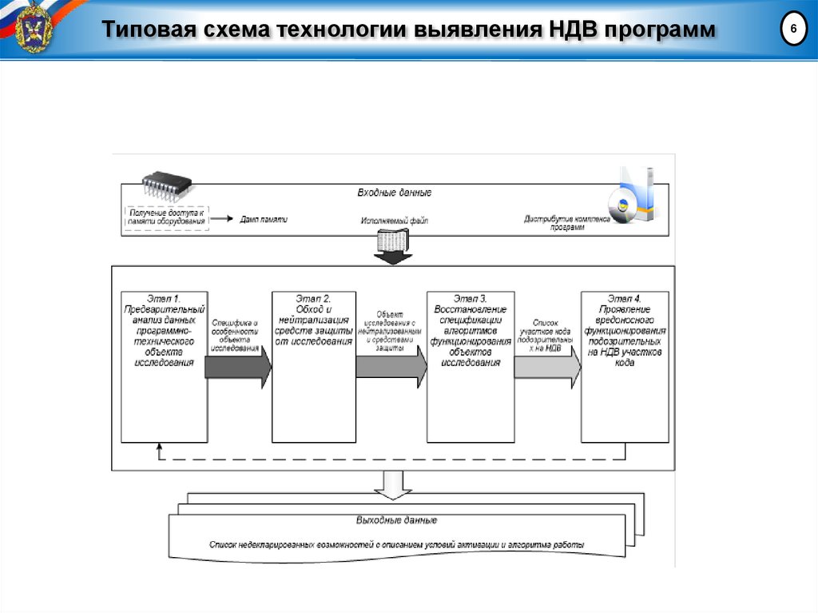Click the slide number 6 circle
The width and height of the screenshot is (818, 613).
tap(793, 30)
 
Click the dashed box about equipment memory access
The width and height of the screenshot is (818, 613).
tap(166, 218)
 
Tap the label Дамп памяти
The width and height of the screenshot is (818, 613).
tap(263, 220)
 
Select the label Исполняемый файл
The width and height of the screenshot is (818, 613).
tap(394, 221)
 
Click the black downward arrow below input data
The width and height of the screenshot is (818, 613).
tap(393, 255)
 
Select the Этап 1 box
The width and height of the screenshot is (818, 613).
tap(164, 366)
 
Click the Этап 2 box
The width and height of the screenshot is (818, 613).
tap(313, 366)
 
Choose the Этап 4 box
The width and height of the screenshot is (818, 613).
tap(625, 366)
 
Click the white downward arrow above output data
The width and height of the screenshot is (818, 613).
tap(393, 483)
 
